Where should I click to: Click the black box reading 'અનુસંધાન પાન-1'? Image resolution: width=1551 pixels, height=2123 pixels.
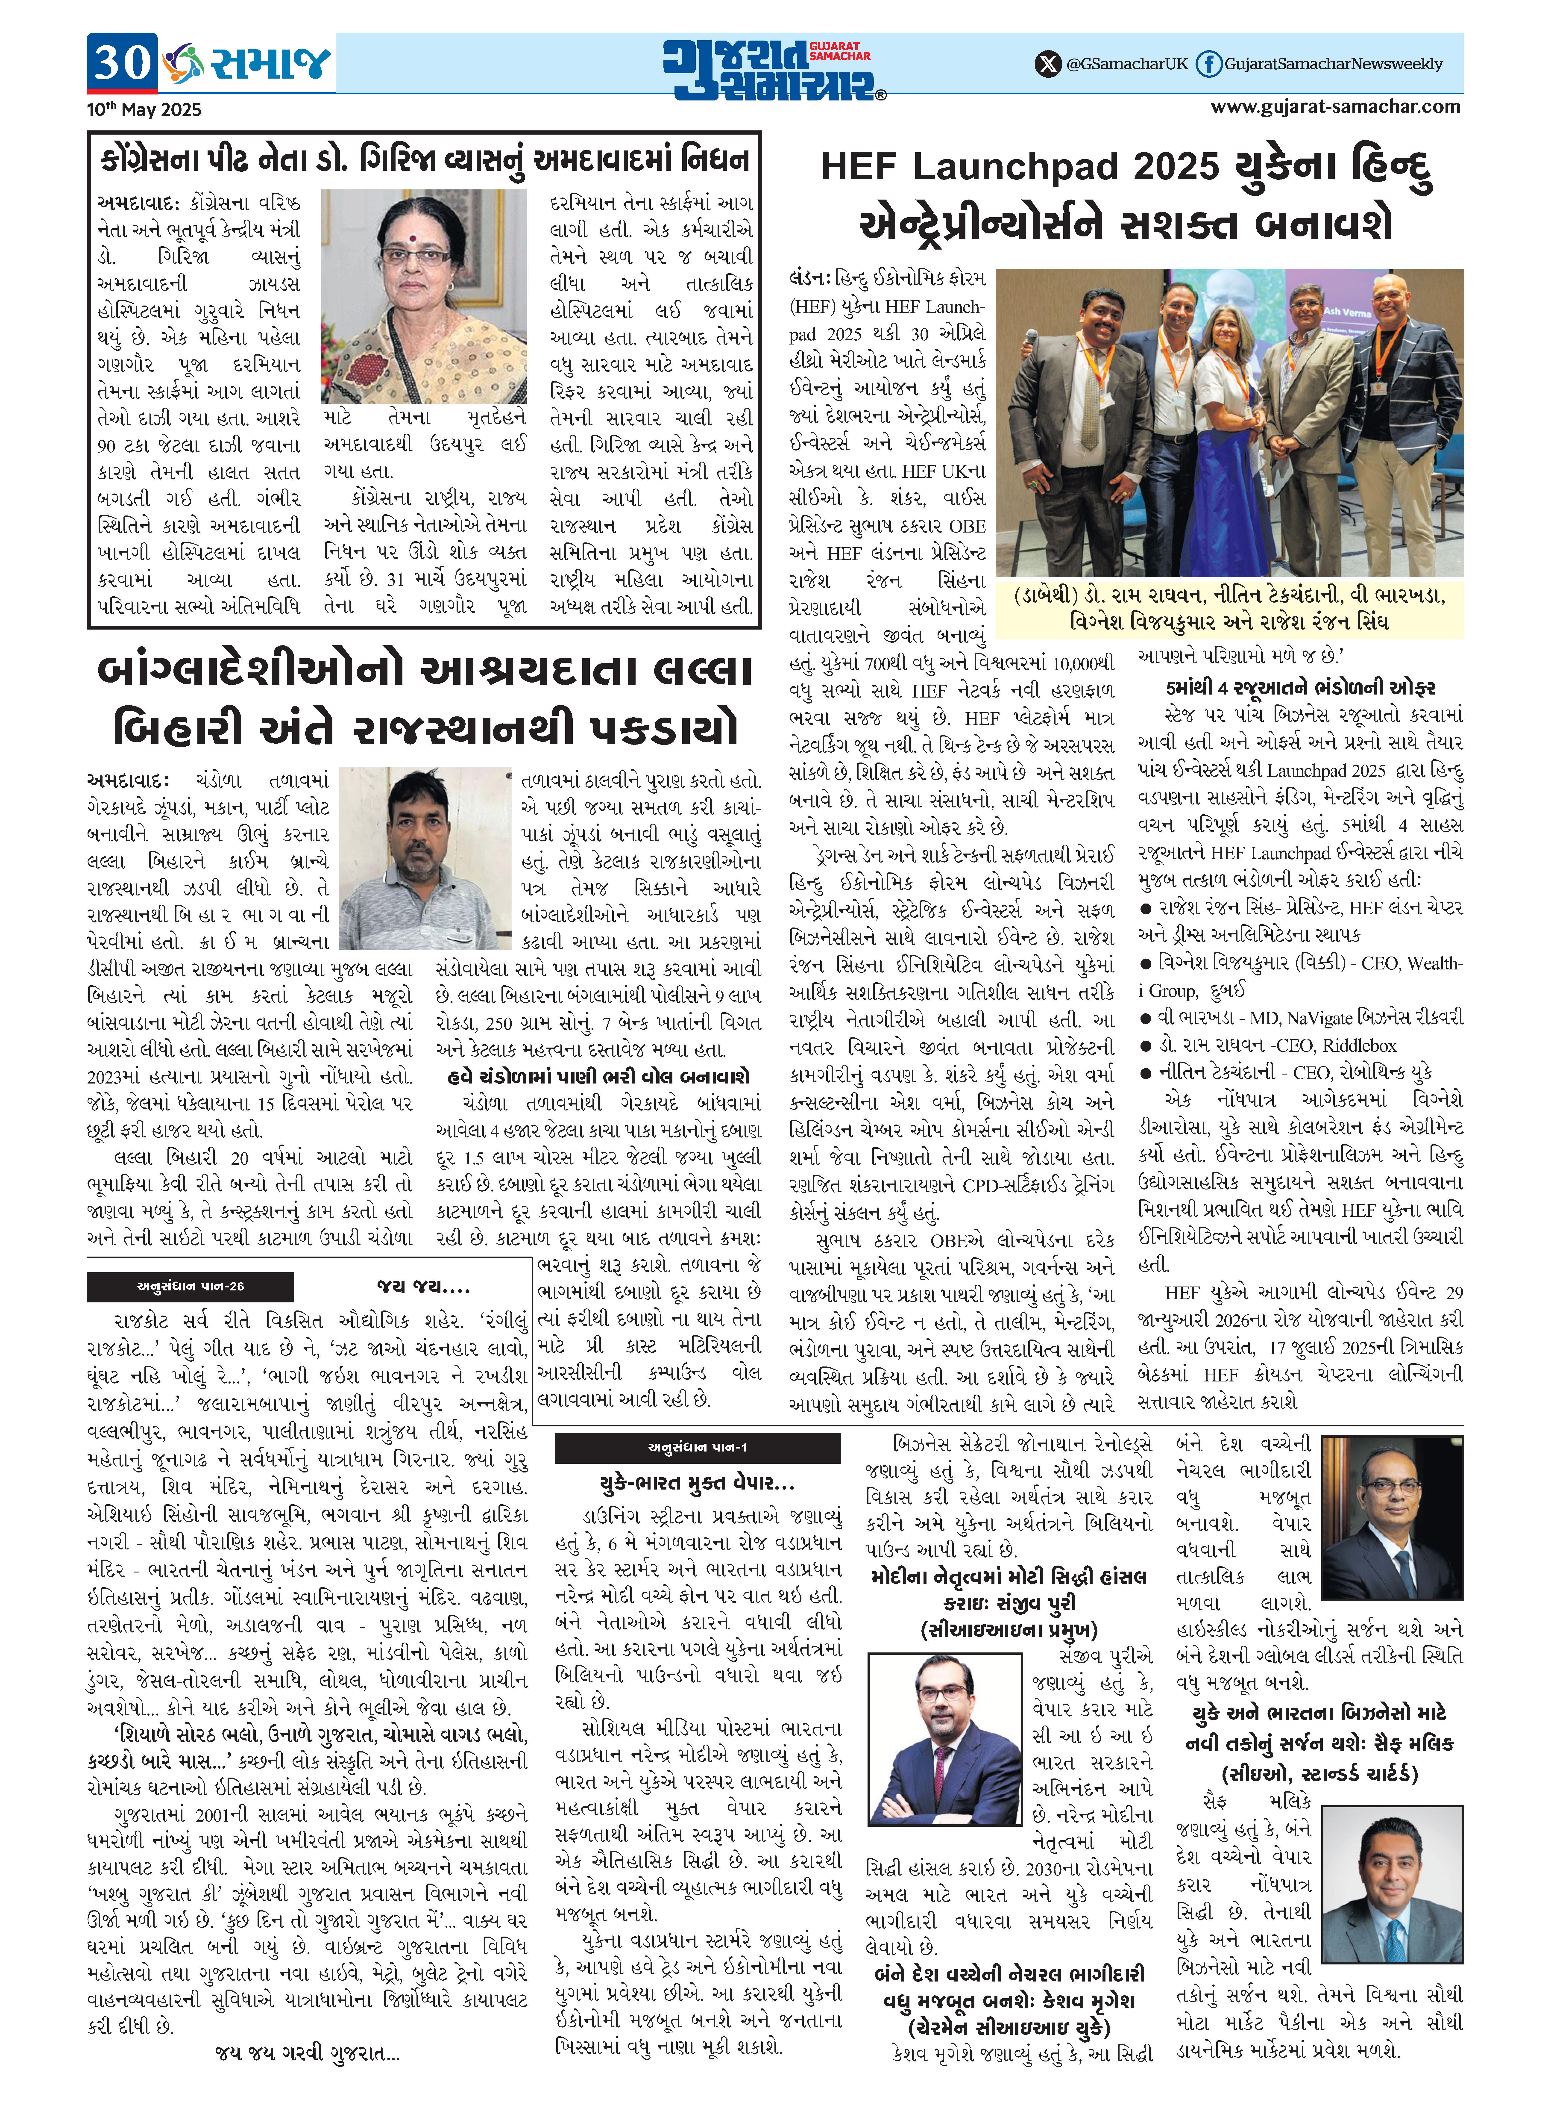coord(697,1447)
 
